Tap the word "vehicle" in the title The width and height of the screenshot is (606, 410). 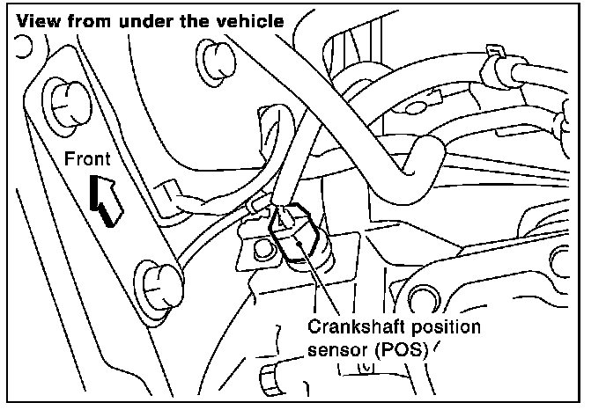(253, 18)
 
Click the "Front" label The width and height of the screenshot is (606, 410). (88, 159)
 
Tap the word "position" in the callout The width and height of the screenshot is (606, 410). (442, 327)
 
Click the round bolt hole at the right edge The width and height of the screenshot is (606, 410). (561, 260)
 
